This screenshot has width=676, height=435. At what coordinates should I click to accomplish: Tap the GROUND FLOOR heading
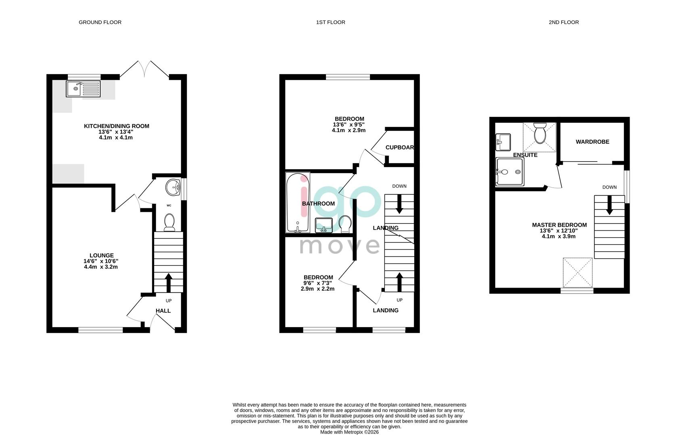tap(100, 23)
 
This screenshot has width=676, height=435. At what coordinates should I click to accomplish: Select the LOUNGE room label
tap(102, 255)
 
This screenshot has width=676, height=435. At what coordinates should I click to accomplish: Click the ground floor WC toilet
tap(169, 223)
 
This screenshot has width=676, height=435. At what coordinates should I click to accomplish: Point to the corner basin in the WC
tap(174, 186)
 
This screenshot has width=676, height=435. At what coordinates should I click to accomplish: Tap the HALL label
tap(163, 311)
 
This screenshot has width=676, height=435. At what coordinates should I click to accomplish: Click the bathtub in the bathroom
tap(298, 203)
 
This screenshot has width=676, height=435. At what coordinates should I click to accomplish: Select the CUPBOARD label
tap(399, 147)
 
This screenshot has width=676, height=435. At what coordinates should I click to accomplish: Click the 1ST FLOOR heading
tap(331, 23)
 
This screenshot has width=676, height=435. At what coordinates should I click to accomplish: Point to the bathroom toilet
tap(345, 224)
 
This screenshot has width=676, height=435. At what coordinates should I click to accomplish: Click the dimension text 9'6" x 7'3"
tap(318, 283)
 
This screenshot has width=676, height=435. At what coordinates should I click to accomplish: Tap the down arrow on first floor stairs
tap(400, 204)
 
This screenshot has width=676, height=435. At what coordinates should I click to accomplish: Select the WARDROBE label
tap(592, 142)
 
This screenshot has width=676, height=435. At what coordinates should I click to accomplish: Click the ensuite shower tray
tap(510, 172)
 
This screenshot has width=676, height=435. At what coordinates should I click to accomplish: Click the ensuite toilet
tap(540, 134)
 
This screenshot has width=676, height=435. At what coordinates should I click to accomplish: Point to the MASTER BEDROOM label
tap(559, 225)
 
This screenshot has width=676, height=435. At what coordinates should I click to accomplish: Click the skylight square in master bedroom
tap(578, 273)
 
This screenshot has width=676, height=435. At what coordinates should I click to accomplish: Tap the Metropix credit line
tap(349, 432)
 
